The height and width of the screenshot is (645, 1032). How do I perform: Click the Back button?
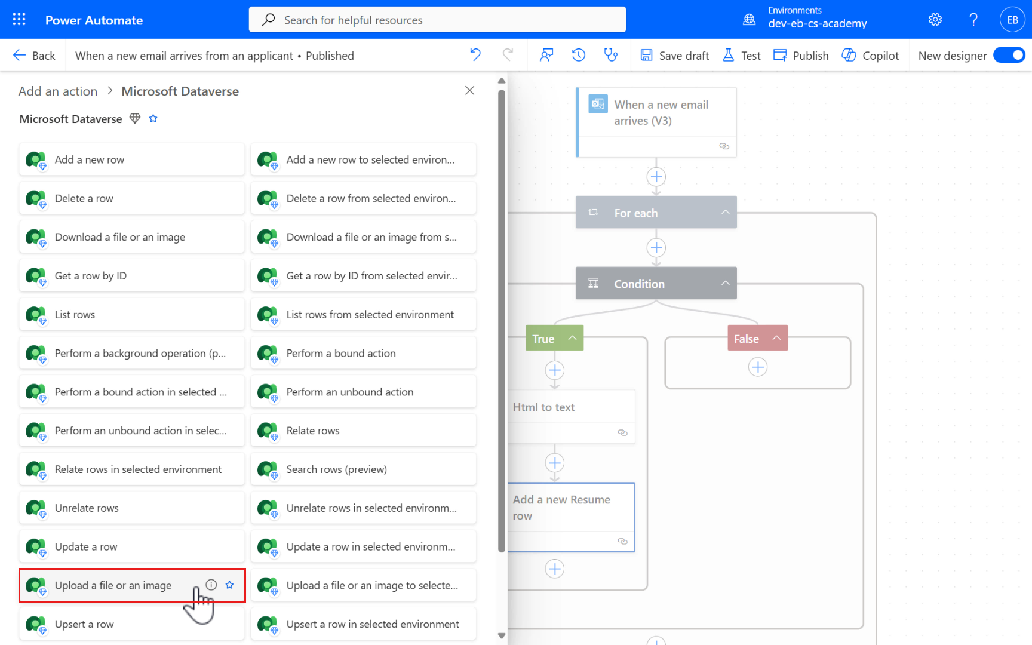pyautogui.click(x=34, y=56)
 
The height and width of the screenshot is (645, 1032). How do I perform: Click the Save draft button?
pyautogui.click(x=675, y=56)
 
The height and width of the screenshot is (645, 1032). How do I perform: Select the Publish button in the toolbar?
pyautogui.click(x=801, y=56)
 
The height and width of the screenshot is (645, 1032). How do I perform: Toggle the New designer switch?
pyautogui.click(x=1009, y=56)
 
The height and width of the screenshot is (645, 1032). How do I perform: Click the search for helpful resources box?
pyautogui.click(x=437, y=20)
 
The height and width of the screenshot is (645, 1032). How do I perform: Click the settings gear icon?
pyautogui.click(x=935, y=20)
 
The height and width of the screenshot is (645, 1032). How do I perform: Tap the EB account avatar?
pyautogui.click(x=1012, y=20)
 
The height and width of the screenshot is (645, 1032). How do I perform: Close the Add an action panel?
pyautogui.click(x=469, y=90)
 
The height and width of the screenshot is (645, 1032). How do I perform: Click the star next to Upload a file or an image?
pyautogui.click(x=230, y=585)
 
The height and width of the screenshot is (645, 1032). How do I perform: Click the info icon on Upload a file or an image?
pyautogui.click(x=211, y=585)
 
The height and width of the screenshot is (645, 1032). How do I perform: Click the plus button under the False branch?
pyautogui.click(x=758, y=367)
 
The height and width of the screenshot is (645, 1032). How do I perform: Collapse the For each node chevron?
pyautogui.click(x=725, y=213)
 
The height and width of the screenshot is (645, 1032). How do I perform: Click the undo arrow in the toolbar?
pyautogui.click(x=475, y=55)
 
